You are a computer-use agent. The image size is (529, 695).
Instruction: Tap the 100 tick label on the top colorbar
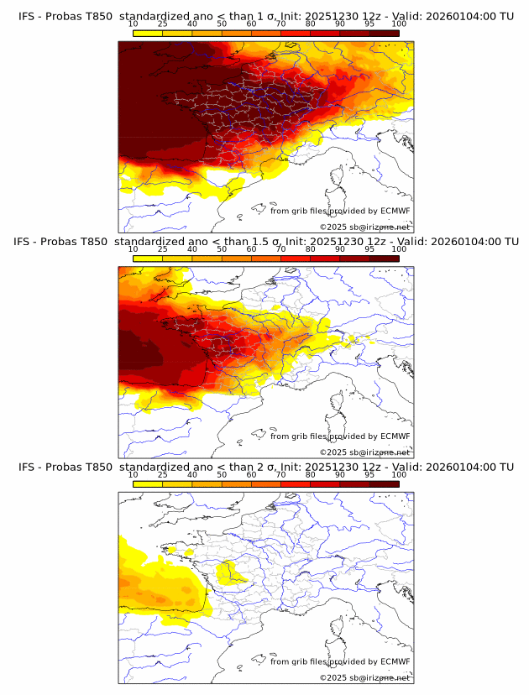[399, 24]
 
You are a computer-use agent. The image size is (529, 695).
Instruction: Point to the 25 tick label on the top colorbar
[163, 24]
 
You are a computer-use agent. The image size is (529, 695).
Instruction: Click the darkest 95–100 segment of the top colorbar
[385, 33]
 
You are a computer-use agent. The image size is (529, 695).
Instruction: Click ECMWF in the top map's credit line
[395, 212]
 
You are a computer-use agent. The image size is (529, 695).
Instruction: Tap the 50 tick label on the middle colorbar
[222, 249]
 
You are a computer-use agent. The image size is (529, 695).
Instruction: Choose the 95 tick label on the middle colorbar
[369, 249]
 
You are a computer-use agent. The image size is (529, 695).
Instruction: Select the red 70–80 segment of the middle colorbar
[296, 259]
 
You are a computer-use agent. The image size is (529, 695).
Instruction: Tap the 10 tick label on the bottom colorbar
[134, 475]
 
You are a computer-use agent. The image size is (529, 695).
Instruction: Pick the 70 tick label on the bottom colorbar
[280, 475]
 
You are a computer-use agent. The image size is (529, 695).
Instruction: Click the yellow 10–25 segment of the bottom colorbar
[148, 484]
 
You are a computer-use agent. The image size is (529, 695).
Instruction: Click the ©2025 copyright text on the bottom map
[333, 677]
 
